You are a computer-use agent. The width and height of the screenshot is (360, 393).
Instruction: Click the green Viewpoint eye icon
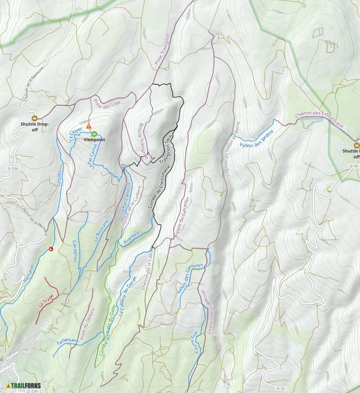94,134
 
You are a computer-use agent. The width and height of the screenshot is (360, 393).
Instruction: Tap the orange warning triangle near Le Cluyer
89,126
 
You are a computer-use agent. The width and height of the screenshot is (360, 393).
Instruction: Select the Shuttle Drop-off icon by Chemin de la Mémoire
34,118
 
